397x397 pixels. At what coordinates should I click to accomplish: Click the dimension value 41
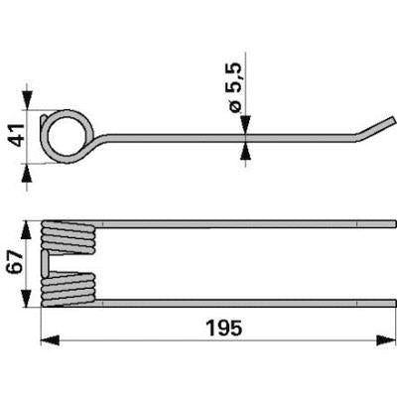(17, 135)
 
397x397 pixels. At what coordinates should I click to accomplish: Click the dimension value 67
(16, 261)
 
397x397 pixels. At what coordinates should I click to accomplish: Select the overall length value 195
(224, 329)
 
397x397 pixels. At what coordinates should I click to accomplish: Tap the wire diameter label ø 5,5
(236, 87)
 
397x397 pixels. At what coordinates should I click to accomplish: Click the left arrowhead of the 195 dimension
(50, 340)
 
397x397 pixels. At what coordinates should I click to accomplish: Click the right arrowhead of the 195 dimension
(386, 340)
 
